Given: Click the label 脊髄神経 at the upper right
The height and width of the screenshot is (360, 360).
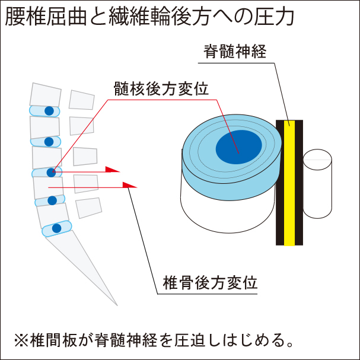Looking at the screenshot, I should click(233, 52).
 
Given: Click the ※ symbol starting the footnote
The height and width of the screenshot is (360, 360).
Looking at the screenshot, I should click(22, 340).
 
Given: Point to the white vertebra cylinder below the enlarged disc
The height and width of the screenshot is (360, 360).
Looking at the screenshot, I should click(225, 208).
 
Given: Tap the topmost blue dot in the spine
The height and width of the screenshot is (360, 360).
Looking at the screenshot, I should click(49, 111).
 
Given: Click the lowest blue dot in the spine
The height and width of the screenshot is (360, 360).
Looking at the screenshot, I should click(57, 228).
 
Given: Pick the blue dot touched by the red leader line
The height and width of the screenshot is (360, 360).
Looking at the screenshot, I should click(51, 173).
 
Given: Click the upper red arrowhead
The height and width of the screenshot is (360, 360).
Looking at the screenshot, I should click(112, 170).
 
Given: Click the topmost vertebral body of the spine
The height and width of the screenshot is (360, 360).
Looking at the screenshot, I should click(45, 95).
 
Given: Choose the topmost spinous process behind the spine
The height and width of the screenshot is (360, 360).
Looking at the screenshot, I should click(81, 100).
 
